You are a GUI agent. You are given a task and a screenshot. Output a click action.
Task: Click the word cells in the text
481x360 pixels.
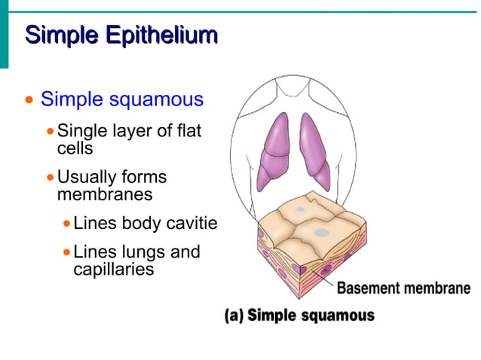[x=75, y=148]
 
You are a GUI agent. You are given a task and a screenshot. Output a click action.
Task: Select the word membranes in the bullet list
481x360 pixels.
[x=104, y=194]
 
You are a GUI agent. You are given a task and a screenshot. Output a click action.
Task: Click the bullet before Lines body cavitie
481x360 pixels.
[x=67, y=224]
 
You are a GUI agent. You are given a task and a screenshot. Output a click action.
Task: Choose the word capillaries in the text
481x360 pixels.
[x=113, y=268]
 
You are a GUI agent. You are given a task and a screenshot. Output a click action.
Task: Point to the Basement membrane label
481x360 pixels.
[x=403, y=288]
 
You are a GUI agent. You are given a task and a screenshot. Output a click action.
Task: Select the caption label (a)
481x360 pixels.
[x=234, y=315]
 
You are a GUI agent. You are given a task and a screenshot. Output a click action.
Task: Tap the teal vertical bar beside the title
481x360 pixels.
[x=4, y=34]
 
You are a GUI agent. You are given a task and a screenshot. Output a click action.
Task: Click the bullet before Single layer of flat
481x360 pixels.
[x=51, y=131]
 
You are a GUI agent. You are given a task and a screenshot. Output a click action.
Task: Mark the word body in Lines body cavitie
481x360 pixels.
[x=141, y=224]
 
